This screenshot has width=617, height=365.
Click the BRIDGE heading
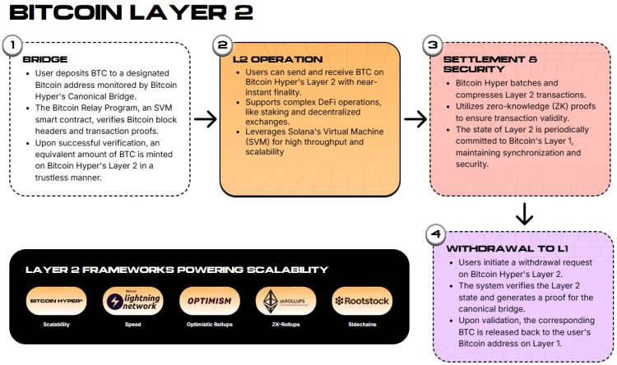46,60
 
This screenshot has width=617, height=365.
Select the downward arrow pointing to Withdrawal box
524,214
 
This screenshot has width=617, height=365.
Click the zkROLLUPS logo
281,301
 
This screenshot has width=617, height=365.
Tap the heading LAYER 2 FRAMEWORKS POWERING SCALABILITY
176,270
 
